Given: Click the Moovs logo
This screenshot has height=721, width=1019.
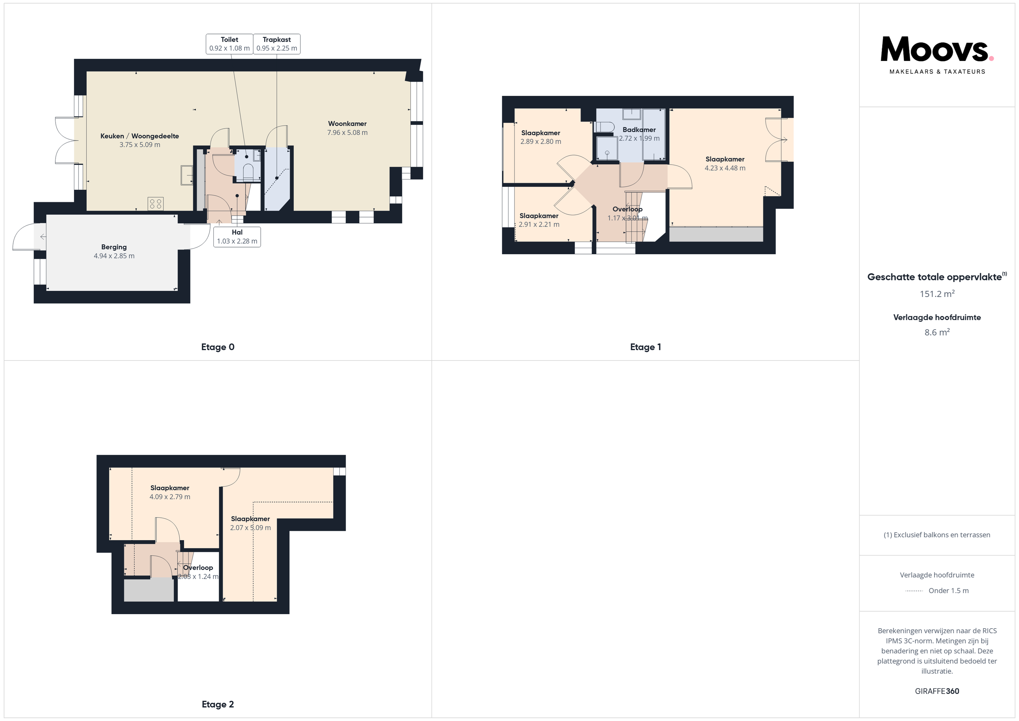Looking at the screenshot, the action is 937,55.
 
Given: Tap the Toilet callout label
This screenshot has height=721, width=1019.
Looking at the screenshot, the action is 230,44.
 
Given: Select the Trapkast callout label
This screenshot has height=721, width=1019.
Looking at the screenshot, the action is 276,44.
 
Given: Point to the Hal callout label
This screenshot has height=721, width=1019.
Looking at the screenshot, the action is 237,237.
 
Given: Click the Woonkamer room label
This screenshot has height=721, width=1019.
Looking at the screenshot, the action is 347,124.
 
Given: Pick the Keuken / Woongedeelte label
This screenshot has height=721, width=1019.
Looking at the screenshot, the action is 140,136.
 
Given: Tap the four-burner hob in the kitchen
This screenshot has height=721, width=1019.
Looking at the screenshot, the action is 156,204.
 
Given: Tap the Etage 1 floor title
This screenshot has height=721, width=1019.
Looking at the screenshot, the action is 645,347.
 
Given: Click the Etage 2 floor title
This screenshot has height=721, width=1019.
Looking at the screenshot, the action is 218,704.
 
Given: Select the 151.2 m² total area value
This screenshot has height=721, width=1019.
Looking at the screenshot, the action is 937,294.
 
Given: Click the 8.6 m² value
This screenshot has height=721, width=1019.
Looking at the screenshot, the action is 937,332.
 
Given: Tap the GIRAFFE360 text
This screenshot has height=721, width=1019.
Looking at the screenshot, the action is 937,691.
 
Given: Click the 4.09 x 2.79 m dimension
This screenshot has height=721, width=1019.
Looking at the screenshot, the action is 170,497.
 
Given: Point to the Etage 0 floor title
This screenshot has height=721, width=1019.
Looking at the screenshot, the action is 218,347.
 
